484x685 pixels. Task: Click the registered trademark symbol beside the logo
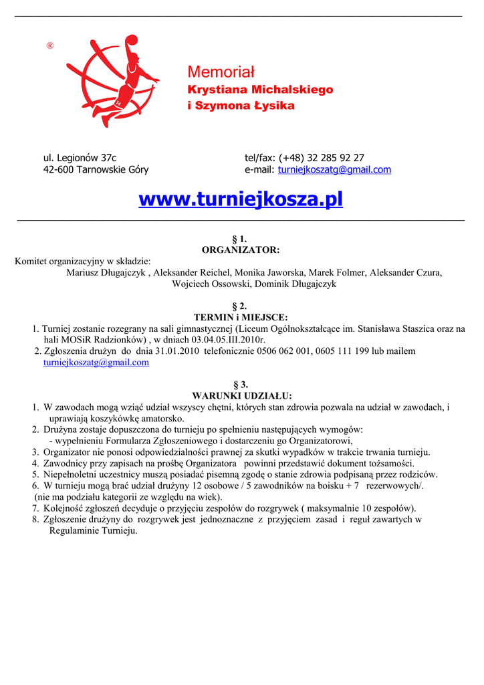pos(49,45)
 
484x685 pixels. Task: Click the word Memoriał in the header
pos(221,72)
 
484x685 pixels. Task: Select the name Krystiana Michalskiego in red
pos(260,90)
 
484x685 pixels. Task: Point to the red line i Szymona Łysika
pos(241,106)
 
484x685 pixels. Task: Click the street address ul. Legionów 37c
pos(80,158)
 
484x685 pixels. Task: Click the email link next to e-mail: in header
pos(334,170)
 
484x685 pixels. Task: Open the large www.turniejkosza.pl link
pos(241,199)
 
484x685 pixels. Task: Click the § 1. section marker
pos(239,239)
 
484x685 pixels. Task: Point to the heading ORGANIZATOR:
pos(241,250)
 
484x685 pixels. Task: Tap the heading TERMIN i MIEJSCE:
pos(241,317)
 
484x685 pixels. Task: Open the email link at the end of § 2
pos(96,363)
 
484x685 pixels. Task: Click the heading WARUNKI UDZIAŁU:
pos(242,395)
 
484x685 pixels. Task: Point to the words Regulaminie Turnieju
pos(93,530)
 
